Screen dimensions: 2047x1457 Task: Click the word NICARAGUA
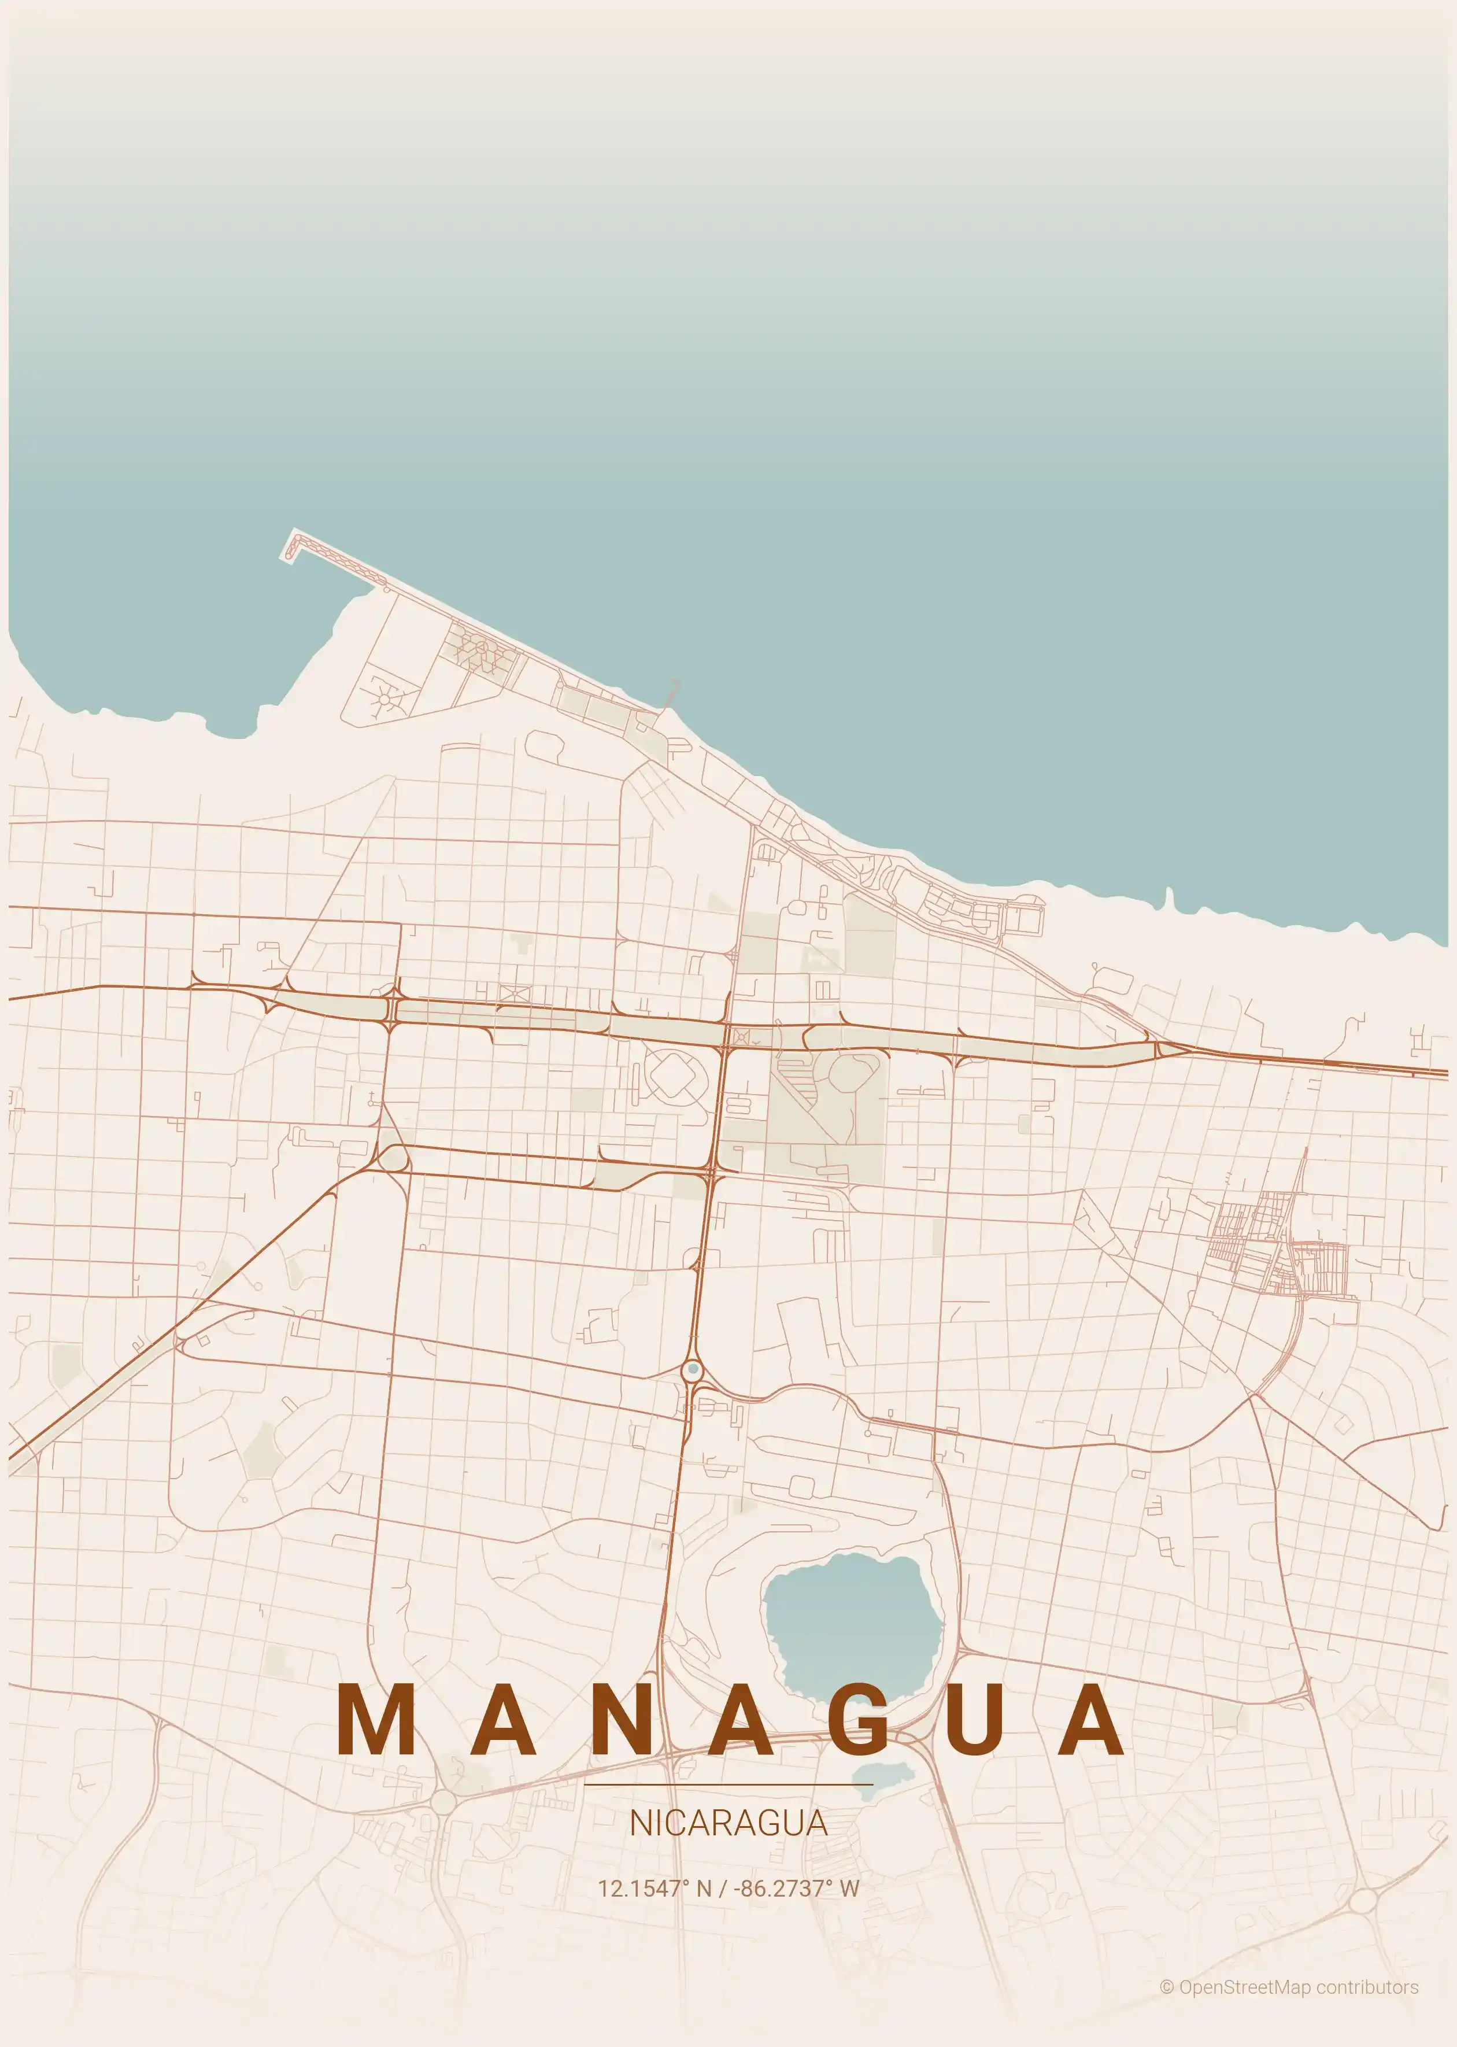click(x=727, y=1823)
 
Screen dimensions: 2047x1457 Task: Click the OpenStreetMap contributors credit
click(x=1298, y=1988)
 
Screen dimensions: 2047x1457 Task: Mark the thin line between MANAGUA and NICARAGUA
click(x=727, y=1785)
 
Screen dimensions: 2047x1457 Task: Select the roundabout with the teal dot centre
click(x=693, y=1370)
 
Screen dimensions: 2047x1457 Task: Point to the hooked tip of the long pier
click(x=291, y=545)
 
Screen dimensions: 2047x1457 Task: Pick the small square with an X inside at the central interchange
click(x=741, y=1038)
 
